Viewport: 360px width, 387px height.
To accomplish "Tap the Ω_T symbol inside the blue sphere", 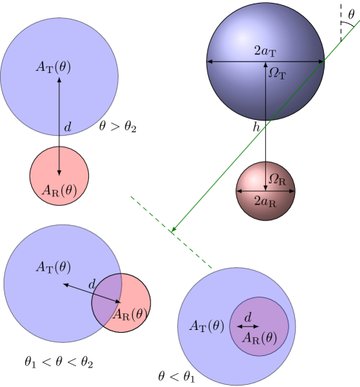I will pyautogui.click(x=278, y=73).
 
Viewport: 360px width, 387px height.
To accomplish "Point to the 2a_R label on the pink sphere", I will pyautogui.click(x=265, y=203).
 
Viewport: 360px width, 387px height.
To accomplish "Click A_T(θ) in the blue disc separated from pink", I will pyautogui.click(x=53, y=67).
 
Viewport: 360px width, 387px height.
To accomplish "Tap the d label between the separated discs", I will pyautogui.click(x=67, y=128).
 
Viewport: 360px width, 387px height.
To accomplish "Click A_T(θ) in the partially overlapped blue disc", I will pyautogui.click(x=53, y=267).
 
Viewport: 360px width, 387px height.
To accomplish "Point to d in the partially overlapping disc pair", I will pyautogui.click(x=92, y=285).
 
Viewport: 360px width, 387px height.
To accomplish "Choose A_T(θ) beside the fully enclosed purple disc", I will pyautogui.click(x=207, y=326).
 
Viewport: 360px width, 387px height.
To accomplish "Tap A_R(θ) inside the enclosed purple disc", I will pyautogui.click(x=259, y=337).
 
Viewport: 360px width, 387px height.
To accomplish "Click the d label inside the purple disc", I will pyautogui.click(x=248, y=317).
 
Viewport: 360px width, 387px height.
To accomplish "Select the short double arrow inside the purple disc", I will pyautogui.click(x=248, y=327).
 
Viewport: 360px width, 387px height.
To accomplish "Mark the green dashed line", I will pyautogui.click(x=171, y=232).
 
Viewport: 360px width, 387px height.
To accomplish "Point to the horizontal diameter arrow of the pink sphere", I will pyautogui.click(x=265, y=192).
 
